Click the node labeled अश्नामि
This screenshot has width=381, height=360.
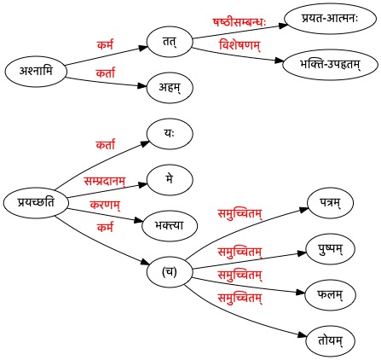(x=36, y=71)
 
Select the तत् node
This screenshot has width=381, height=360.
(x=170, y=42)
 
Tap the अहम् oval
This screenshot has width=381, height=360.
(x=170, y=87)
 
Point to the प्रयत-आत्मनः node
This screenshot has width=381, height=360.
(x=330, y=19)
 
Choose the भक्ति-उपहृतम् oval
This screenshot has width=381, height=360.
(x=330, y=65)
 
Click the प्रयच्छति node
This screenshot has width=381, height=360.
(x=36, y=203)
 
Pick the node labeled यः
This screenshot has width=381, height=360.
(x=170, y=134)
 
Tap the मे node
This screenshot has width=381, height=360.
(x=170, y=180)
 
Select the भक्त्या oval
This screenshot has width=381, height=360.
(x=170, y=226)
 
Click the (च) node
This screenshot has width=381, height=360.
(x=170, y=272)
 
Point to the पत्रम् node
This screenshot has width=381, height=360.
(x=330, y=203)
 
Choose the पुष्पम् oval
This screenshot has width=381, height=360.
(x=330, y=249)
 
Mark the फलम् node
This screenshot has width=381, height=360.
(x=330, y=295)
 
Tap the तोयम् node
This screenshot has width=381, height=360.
(x=330, y=340)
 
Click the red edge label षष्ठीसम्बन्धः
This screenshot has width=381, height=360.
(x=240, y=22)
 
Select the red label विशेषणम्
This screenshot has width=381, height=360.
(x=240, y=45)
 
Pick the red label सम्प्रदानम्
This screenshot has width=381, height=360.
(x=105, y=181)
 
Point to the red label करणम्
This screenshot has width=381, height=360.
(x=105, y=205)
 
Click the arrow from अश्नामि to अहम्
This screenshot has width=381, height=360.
(x=107, y=82)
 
